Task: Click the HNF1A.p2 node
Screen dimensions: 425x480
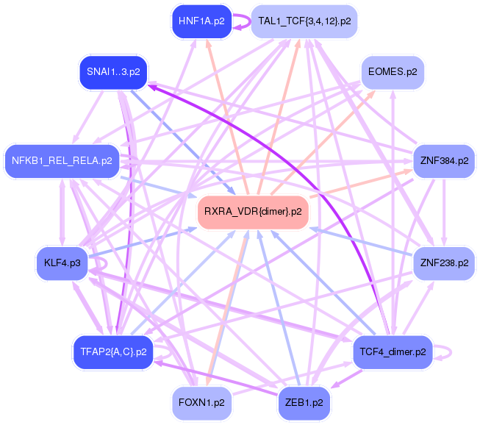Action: coord(201,21)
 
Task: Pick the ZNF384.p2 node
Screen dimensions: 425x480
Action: coord(443,159)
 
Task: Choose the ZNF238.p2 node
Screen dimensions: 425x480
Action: coord(443,262)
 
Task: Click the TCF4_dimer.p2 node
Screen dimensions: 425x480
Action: coord(389,352)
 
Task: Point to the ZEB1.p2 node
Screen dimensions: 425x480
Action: coord(304,403)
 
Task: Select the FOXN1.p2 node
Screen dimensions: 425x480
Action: coord(201,403)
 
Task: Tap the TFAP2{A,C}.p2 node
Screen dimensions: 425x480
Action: coord(110,351)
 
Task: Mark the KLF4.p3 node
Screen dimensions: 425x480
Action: coord(62,262)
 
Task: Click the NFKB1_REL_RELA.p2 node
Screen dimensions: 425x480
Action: coord(62,160)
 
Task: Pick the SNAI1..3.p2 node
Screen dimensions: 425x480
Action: coord(113,72)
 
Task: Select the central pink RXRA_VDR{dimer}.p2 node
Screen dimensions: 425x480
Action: coord(253,212)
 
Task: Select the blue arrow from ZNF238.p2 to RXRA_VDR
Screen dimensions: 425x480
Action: coord(360,243)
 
